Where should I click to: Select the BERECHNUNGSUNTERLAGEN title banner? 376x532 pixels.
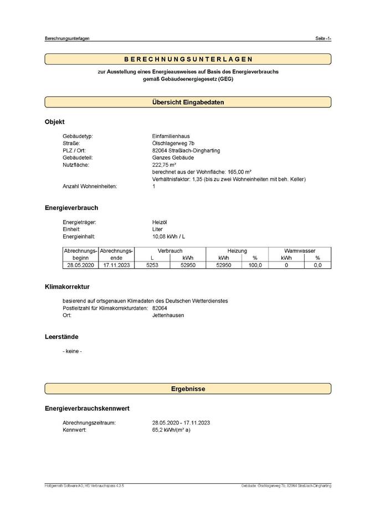188,59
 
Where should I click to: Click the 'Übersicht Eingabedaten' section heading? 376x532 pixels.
188,102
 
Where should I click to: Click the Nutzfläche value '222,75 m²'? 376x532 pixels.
164,165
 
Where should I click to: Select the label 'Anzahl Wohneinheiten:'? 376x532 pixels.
90,187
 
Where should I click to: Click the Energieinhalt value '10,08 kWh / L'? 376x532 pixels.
169,236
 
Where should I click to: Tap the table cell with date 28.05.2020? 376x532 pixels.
81,265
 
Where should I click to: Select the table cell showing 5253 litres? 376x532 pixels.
152,265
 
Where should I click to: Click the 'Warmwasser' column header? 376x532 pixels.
300,251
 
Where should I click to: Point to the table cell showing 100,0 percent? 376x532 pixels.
255,265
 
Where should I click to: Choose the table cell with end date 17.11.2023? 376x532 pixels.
116,265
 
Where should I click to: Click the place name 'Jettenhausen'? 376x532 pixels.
168,315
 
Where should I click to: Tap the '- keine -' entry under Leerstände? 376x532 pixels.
73,351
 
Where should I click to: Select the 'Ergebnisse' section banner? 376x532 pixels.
188,389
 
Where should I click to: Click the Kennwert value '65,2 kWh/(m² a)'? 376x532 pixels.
171,429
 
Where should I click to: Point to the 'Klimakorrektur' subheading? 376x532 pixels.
67,287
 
